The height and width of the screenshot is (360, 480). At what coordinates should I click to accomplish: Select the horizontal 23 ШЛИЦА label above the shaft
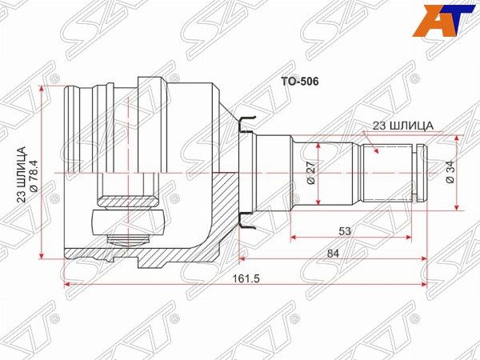click(x=402, y=126)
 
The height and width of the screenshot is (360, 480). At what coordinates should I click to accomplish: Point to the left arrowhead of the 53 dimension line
click(x=294, y=237)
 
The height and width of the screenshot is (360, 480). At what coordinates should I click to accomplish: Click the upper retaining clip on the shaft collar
click(x=247, y=122)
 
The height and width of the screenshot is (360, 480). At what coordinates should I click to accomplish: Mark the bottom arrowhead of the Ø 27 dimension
click(x=318, y=210)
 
